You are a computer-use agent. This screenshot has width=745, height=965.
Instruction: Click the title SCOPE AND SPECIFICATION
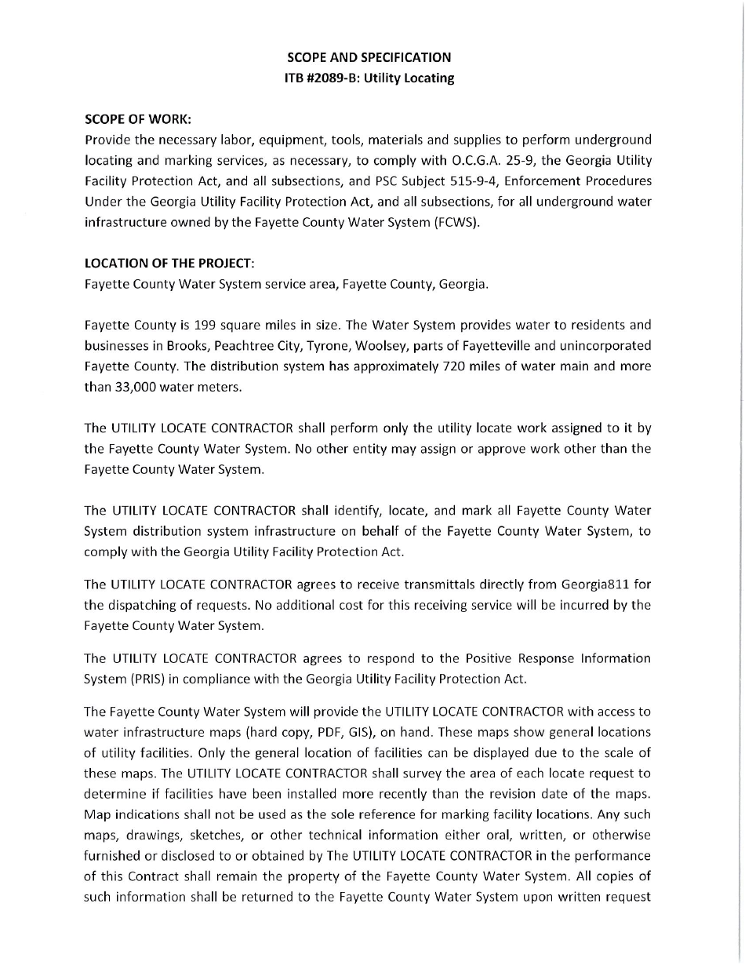(x=369, y=57)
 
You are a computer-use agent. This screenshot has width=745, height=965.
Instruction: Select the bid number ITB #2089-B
(x=321, y=78)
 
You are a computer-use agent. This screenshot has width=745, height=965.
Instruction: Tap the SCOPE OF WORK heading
(x=137, y=119)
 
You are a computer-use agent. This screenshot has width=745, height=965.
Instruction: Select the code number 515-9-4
(x=441, y=181)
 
